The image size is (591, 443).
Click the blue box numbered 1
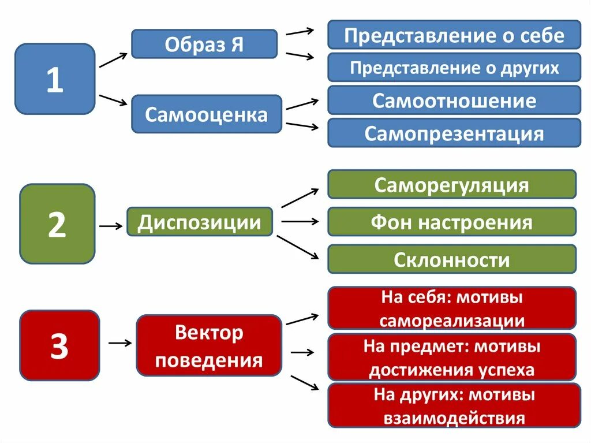(55, 79)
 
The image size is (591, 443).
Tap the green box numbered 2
(57, 224)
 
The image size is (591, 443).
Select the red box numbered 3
(59, 345)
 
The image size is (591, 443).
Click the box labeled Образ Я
(204, 44)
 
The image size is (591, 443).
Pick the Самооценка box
(206, 114)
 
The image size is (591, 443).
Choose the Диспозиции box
(199, 222)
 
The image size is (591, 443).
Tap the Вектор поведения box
(209, 345)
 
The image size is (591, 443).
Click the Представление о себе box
(454, 35)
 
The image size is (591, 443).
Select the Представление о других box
(454, 68)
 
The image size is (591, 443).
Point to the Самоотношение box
(454, 100)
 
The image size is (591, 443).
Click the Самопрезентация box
(454, 133)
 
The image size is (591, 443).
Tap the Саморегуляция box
(451, 185)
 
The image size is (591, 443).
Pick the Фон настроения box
(451, 222)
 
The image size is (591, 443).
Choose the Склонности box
(451, 259)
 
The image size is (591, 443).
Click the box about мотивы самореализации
(451, 308)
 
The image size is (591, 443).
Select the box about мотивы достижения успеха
(451, 358)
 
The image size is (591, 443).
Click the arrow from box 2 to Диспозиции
(111, 226)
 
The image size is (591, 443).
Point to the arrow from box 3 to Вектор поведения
(120, 343)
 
